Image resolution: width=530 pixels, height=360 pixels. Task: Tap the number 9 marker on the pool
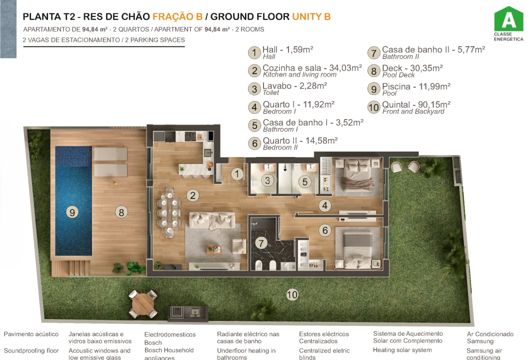pyautogui.click(x=72, y=212)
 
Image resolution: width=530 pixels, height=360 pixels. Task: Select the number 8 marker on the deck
pyautogui.click(x=120, y=212)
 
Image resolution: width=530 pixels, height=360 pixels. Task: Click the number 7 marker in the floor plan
pyautogui.click(x=261, y=243)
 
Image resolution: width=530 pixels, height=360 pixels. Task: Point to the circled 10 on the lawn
pyautogui.click(x=292, y=294)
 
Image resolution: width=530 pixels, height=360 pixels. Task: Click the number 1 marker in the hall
pyautogui.click(x=237, y=174)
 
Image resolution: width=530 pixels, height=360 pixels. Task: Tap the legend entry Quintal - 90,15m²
pyautogui.click(x=416, y=105)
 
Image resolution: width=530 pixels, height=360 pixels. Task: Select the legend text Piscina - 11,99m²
pyautogui.click(x=416, y=86)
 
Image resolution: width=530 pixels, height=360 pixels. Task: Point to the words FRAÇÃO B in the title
pyautogui.click(x=173, y=16)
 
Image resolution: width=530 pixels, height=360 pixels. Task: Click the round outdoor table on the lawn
pyautogui.click(x=144, y=301)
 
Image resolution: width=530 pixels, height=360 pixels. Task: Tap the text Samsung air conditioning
pyautogui.click(x=484, y=354)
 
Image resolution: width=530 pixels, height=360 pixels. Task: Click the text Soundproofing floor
pyautogui.click(x=31, y=350)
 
